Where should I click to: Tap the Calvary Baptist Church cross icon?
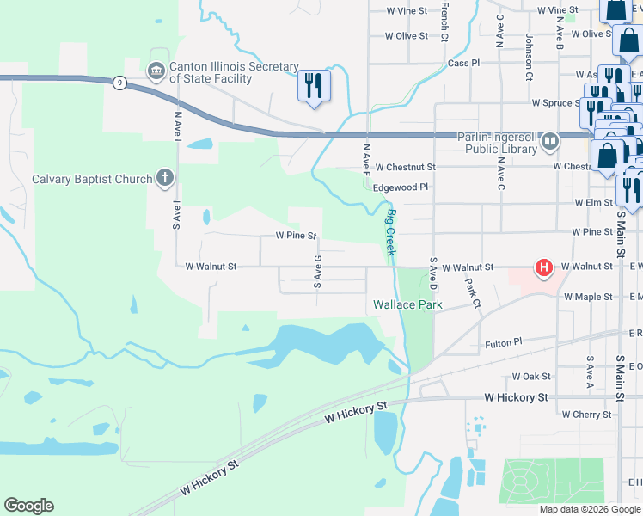pos(164,179)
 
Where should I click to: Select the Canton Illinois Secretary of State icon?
pos(156,71)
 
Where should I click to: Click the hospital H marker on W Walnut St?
pos(543,268)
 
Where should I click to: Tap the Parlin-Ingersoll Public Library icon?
pos(549,140)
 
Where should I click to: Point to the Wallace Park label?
pos(407,304)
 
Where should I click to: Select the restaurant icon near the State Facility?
pos(313,84)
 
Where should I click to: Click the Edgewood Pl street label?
pos(401,187)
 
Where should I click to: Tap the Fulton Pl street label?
pos(504,341)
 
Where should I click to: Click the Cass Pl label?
pos(463,63)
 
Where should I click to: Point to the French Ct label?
pos(444,21)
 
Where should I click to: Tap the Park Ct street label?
pos(472,293)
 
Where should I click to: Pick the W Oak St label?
pos(530,376)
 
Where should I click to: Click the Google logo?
pos(28,506)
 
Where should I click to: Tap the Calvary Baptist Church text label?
pos(92,179)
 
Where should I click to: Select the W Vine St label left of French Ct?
pos(407,10)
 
